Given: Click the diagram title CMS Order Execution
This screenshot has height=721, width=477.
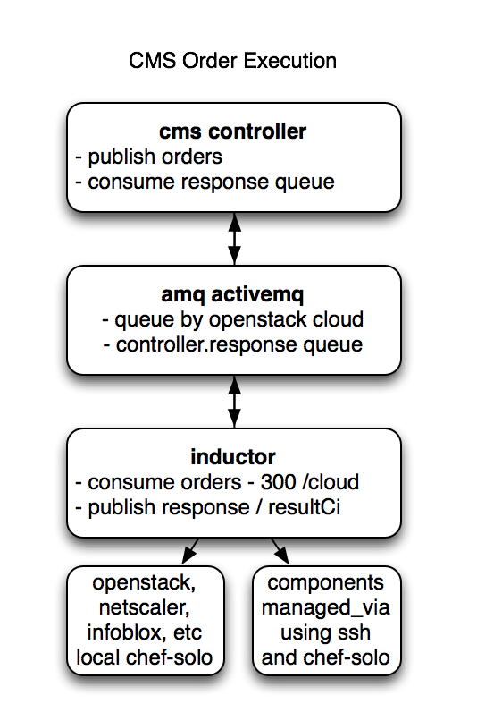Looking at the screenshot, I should pos(233,61).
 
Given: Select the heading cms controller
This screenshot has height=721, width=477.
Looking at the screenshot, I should pos(233,131).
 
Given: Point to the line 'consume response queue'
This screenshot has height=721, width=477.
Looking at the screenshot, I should pos(205,182).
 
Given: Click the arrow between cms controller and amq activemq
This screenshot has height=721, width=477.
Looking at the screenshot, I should pos(234,238).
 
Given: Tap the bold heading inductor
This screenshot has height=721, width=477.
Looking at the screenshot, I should pos(233,457).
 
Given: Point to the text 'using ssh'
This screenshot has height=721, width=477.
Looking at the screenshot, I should pos(325,633).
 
